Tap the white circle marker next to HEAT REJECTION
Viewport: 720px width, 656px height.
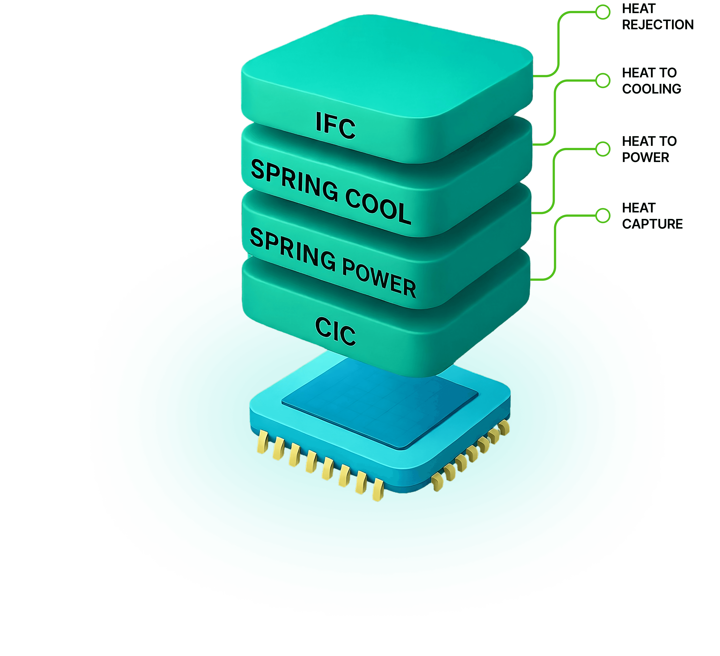[x=603, y=12]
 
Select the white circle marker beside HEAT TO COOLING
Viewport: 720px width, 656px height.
[x=603, y=80]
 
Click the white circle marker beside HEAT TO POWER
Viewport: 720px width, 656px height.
[x=603, y=149]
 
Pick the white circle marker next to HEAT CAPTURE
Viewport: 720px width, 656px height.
[x=603, y=215]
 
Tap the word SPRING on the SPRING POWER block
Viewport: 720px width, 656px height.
[x=293, y=249]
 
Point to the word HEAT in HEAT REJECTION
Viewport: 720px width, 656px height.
[x=639, y=9]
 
